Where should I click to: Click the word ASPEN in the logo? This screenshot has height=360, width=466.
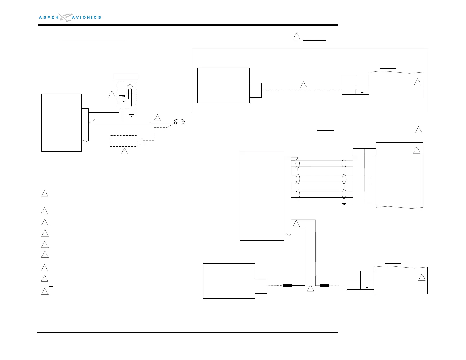(49, 17)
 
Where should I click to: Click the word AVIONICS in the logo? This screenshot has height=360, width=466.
(86, 17)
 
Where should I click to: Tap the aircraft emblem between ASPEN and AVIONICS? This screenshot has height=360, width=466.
(65, 17)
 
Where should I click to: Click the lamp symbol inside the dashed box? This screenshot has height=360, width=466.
(130, 89)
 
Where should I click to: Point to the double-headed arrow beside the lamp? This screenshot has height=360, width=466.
(124, 99)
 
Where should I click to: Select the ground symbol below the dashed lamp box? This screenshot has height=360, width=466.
(132, 115)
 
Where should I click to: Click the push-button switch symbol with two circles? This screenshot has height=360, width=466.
(179, 121)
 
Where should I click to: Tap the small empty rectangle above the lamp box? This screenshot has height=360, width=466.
(126, 76)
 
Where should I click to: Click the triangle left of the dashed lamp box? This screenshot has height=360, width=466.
(112, 94)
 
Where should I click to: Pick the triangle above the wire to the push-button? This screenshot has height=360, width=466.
(157, 118)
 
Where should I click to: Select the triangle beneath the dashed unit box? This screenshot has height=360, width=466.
(124, 151)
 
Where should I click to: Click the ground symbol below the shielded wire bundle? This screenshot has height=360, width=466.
(344, 203)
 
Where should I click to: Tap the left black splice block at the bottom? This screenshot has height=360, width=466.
(287, 285)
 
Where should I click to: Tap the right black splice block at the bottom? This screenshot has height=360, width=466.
(325, 285)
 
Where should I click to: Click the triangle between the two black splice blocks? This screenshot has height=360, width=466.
(310, 289)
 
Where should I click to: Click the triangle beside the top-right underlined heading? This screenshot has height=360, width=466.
(297, 36)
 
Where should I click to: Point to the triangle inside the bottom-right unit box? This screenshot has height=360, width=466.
(422, 278)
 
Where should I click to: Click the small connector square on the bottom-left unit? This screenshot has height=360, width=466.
(261, 286)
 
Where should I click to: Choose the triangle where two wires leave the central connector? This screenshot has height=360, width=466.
(296, 224)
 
